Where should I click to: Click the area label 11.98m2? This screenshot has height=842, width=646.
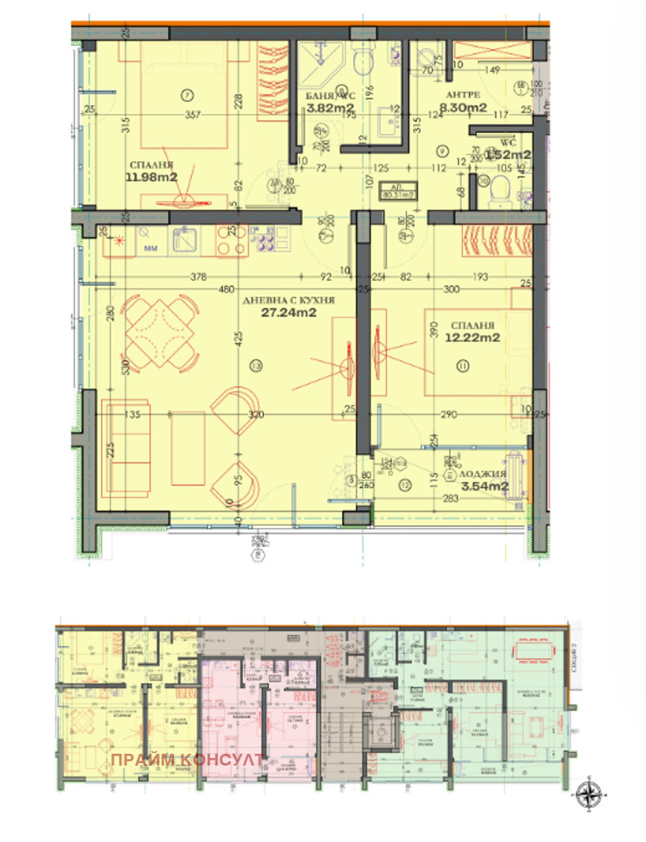click(x=153, y=177)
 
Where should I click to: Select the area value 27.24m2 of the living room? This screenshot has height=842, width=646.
click(x=289, y=312)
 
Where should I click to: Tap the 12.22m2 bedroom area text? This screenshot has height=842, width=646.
click(x=471, y=337)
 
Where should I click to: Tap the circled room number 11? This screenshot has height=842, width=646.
click(x=463, y=366)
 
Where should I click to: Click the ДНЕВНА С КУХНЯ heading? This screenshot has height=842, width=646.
click(x=289, y=300)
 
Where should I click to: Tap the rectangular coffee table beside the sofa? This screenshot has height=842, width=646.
click(x=187, y=445)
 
